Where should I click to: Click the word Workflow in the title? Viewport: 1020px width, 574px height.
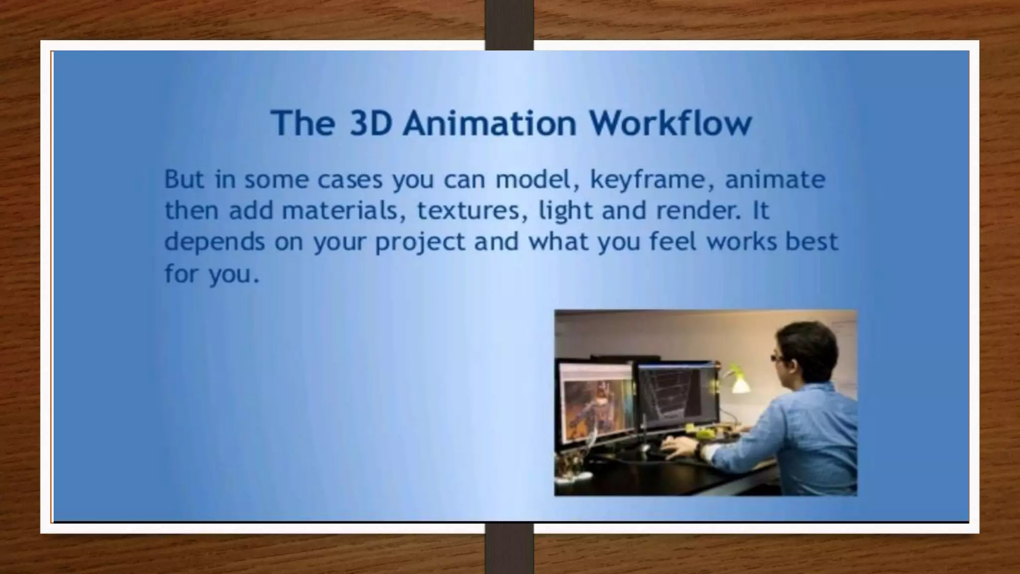tap(670, 123)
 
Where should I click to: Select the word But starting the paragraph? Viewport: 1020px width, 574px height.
tap(184, 179)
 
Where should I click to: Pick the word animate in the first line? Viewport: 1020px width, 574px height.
tap(775, 179)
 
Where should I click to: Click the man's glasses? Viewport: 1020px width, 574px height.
tap(777, 357)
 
